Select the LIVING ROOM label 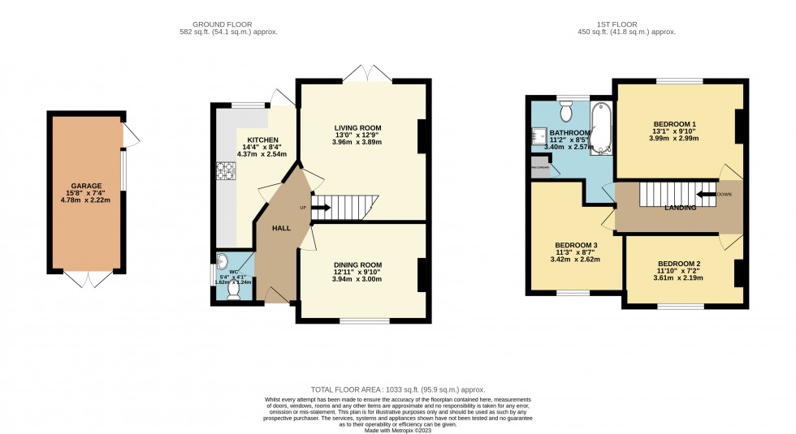point(357,127)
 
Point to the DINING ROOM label point(357,264)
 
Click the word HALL point(281,229)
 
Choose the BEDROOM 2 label point(679,264)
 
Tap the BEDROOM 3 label point(576,245)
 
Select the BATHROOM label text point(569,132)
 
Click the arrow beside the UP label point(320,208)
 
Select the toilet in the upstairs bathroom point(567,109)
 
